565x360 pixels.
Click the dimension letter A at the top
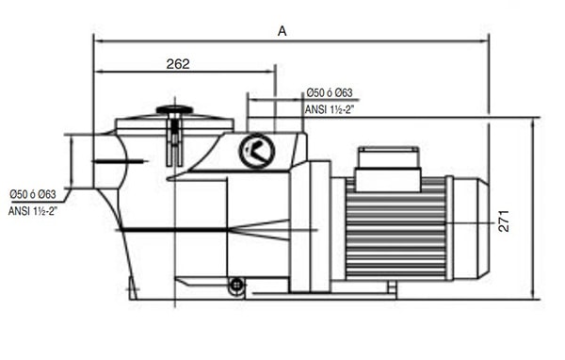[282, 31]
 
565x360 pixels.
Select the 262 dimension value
[178, 64]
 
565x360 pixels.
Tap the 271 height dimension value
[504, 221]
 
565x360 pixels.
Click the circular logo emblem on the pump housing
[257, 151]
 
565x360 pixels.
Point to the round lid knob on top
[174, 109]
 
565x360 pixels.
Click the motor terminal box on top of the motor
[388, 169]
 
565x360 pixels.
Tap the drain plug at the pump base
[236, 286]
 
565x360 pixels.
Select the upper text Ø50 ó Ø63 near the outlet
[330, 92]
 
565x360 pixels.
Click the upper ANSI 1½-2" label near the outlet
[330, 109]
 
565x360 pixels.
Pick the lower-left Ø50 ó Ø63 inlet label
[33, 194]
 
